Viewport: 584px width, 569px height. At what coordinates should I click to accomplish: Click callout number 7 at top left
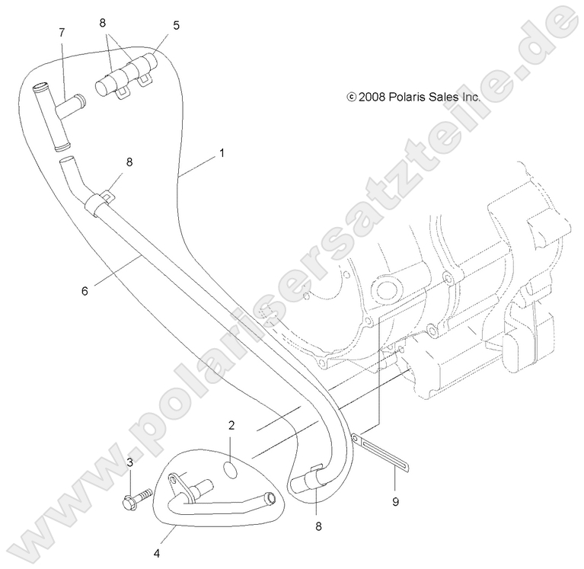tap(62, 33)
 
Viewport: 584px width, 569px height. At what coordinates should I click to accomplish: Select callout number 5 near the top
tap(176, 25)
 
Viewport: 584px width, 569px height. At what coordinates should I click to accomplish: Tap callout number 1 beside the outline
tap(222, 153)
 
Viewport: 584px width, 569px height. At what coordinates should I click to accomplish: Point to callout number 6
tap(85, 291)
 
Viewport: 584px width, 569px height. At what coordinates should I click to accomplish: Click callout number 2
tap(231, 425)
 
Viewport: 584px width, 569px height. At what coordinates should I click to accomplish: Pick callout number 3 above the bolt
tap(129, 463)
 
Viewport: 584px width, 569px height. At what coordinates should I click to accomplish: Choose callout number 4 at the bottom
tap(157, 554)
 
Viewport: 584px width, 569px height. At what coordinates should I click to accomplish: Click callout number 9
tap(395, 502)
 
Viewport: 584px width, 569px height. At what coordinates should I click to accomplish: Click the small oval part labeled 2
tap(231, 470)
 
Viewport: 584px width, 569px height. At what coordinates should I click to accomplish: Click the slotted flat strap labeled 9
tap(380, 452)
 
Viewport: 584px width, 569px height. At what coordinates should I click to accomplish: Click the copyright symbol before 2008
tap(351, 97)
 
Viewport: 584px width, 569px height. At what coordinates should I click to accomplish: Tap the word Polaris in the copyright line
tap(407, 97)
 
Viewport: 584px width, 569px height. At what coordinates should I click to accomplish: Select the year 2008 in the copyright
tap(372, 97)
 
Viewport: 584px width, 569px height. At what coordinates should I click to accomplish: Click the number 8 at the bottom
tap(318, 526)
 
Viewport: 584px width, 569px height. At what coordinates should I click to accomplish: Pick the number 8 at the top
tap(103, 23)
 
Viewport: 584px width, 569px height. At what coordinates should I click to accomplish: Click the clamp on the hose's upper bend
tap(97, 203)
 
